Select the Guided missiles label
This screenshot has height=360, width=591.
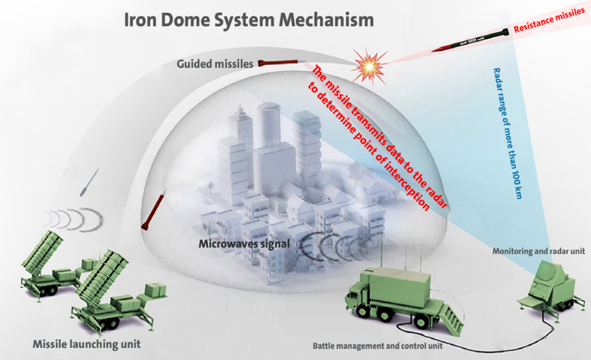[217, 63]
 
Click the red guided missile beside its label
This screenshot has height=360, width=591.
[279, 63]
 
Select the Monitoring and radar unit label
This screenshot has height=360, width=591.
[538, 251]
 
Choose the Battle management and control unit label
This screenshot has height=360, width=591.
[377, 346]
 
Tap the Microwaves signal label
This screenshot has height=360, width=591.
[244, 244]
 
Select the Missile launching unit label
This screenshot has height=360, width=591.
[86, 345]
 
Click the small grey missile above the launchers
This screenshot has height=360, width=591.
[89, 182]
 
